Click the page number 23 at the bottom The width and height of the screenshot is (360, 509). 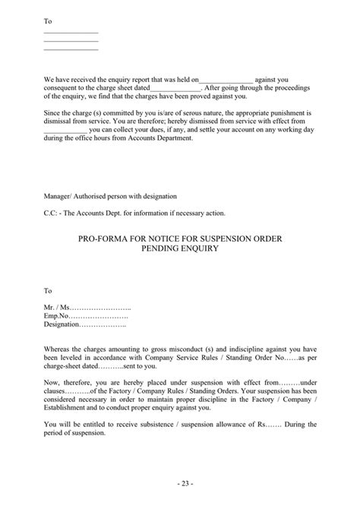click(x=179, y=483)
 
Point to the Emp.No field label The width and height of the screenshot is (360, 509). click(x=56, y=315)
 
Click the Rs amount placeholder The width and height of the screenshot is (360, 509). click(x=264, y=424)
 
